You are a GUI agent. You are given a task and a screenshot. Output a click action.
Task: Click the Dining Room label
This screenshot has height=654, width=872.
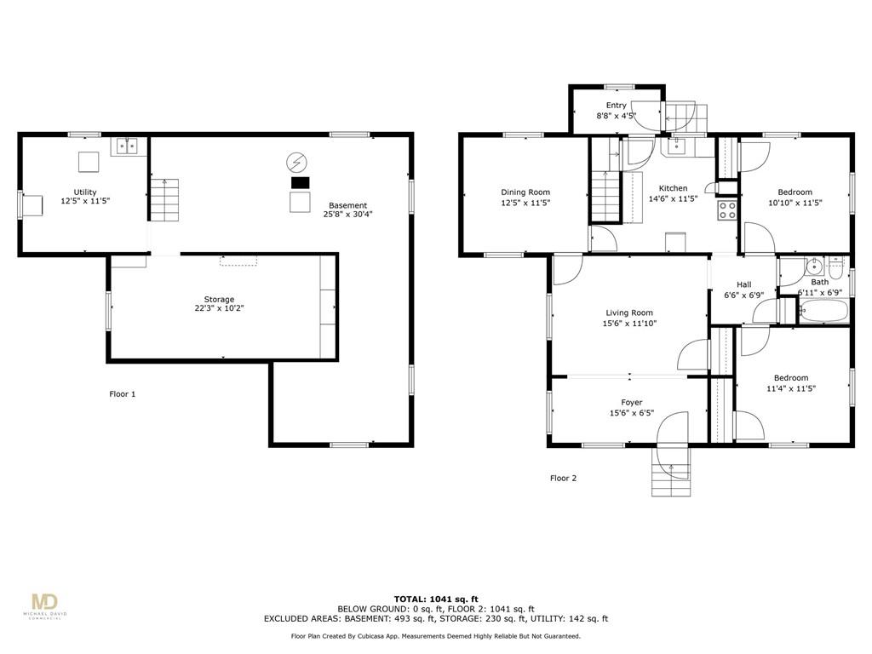(525, 192)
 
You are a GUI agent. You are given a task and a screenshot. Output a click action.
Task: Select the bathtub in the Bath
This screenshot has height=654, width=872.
(823, 311)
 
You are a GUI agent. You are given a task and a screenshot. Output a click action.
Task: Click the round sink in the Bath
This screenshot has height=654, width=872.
(814, 267)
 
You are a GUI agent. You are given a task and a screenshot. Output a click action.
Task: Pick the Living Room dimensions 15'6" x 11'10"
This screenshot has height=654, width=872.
(629, 323)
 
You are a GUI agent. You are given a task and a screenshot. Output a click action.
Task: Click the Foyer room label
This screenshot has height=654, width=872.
(631, 402)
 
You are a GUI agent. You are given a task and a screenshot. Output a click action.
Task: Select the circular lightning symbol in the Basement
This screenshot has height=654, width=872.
(296, 163)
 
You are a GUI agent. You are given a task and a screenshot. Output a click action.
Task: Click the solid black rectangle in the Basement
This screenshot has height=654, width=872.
(301, 182)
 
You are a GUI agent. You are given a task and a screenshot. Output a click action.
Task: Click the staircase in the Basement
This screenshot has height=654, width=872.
(164, 199)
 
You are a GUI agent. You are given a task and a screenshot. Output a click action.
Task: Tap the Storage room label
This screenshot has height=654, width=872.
(219, 299)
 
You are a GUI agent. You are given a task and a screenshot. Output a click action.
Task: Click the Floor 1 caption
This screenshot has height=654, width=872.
(123, 394)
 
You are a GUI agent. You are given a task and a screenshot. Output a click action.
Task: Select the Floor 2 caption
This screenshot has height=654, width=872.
(564, 479)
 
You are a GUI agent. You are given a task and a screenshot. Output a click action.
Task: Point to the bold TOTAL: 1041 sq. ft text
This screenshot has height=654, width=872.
(436, 599)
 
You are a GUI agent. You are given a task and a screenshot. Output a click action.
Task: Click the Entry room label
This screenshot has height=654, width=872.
(617, 105)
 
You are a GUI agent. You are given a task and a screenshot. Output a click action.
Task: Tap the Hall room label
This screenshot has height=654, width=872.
(744, 284)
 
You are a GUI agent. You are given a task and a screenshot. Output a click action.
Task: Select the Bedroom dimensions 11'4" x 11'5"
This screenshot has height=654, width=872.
(791, 388)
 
